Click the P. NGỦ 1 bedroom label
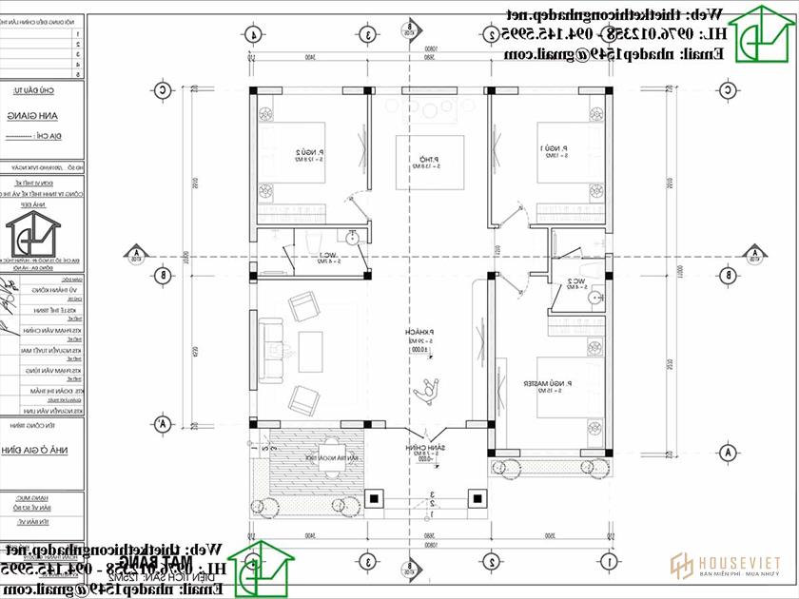(x=552, y=150)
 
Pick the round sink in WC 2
(x=596, y=298)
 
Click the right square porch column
(x=478, y=496)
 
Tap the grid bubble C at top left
(x=164, y=90)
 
